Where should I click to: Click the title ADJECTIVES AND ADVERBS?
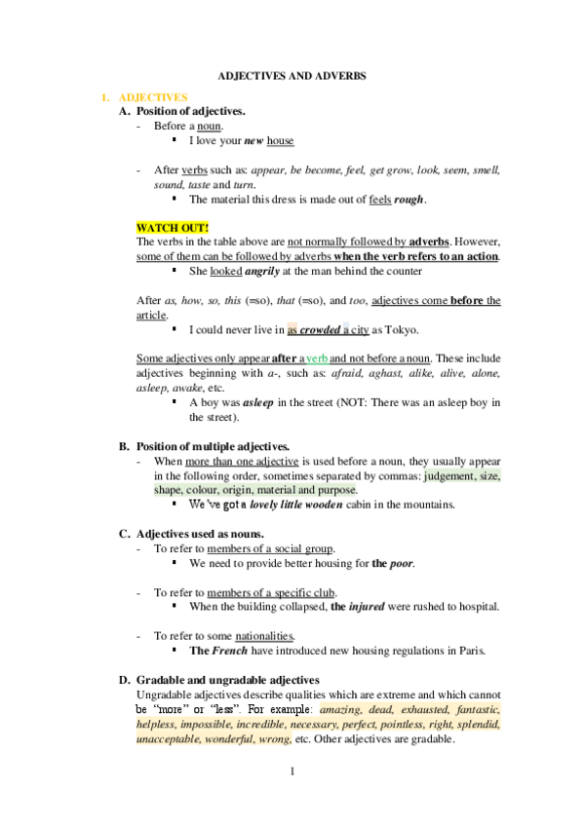point(292,74)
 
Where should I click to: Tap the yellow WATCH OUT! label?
point(167,227)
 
